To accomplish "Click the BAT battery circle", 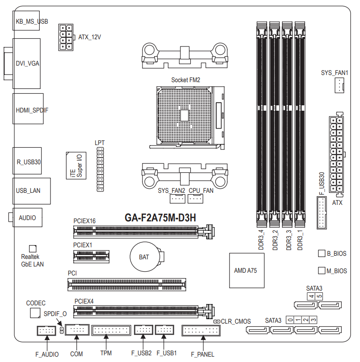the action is (145, 257).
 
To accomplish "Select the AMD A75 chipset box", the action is (247, 270).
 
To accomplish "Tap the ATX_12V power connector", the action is (66, 37).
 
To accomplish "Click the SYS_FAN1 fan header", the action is (339, 85).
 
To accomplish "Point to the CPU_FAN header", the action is (195, 199).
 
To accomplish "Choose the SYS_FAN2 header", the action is (177, 199).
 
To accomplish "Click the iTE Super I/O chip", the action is (76, 166).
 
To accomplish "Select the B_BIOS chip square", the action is (322, 253).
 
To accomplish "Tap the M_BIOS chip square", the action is (322, 270).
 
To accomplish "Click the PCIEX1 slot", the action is (91, 257).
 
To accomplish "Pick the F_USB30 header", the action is (322, 212).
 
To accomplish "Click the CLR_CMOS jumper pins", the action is (217, 321).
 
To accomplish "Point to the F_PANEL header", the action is (201, 330).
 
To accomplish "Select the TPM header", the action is (111, 330).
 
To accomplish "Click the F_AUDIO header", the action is (46, 331).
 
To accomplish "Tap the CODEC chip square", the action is (35, 313).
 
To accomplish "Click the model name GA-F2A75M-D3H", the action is (160, 217).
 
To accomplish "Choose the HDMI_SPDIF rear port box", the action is (28, 109).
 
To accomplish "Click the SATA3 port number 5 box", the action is (319, 296).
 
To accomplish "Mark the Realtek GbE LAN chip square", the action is (33, 249).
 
